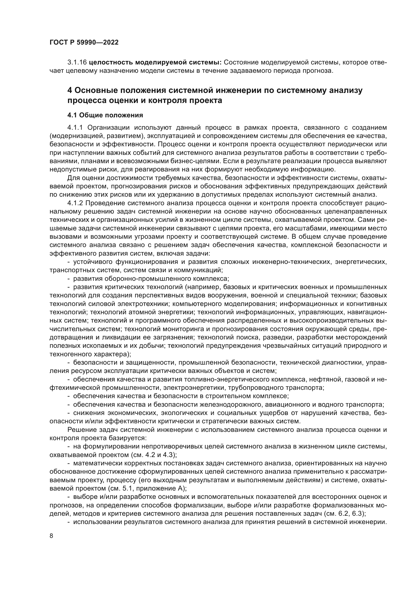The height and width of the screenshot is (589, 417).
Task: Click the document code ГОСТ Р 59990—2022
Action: click(x=84, y=43)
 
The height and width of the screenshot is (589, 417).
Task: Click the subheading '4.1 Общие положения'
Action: click(x=105, y=115)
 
